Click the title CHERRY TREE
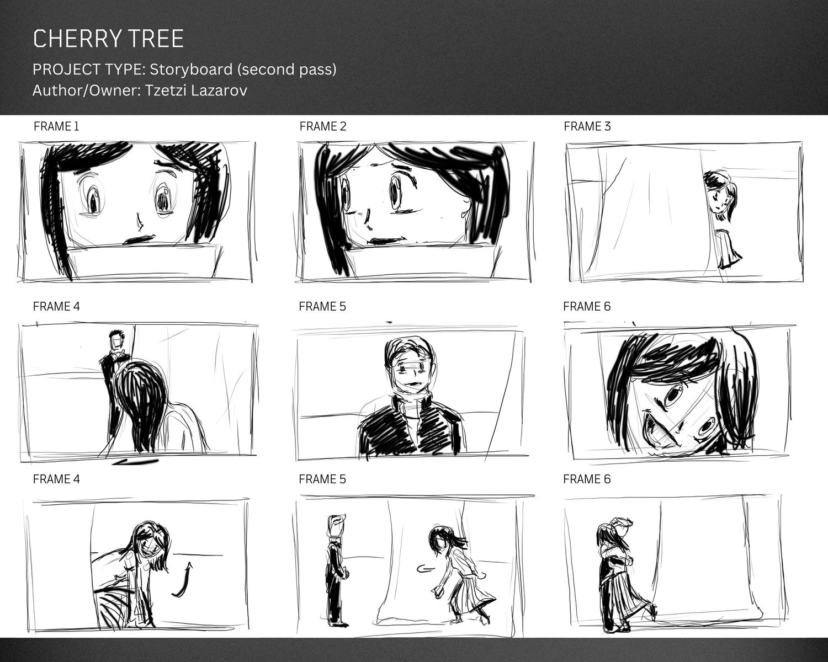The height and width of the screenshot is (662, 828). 108,39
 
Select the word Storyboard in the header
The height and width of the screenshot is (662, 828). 191,70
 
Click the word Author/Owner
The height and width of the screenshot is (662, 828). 86,91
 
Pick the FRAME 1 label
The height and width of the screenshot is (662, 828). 56,126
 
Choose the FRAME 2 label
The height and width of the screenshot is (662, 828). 323,126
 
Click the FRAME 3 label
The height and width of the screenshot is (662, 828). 587,126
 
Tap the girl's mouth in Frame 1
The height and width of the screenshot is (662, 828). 139,239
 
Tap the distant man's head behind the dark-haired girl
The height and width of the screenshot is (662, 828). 116,339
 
